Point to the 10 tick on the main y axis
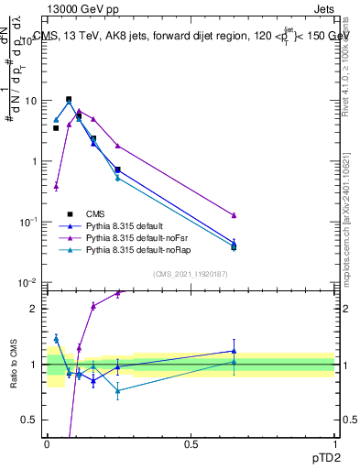[32, 101]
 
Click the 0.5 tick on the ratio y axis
[34, 420]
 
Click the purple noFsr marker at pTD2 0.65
[234, 215]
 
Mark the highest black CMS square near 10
[69, 99]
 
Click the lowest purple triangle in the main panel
[56, 186]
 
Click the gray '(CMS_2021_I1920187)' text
[191, 274]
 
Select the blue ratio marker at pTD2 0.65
[234, 351]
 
